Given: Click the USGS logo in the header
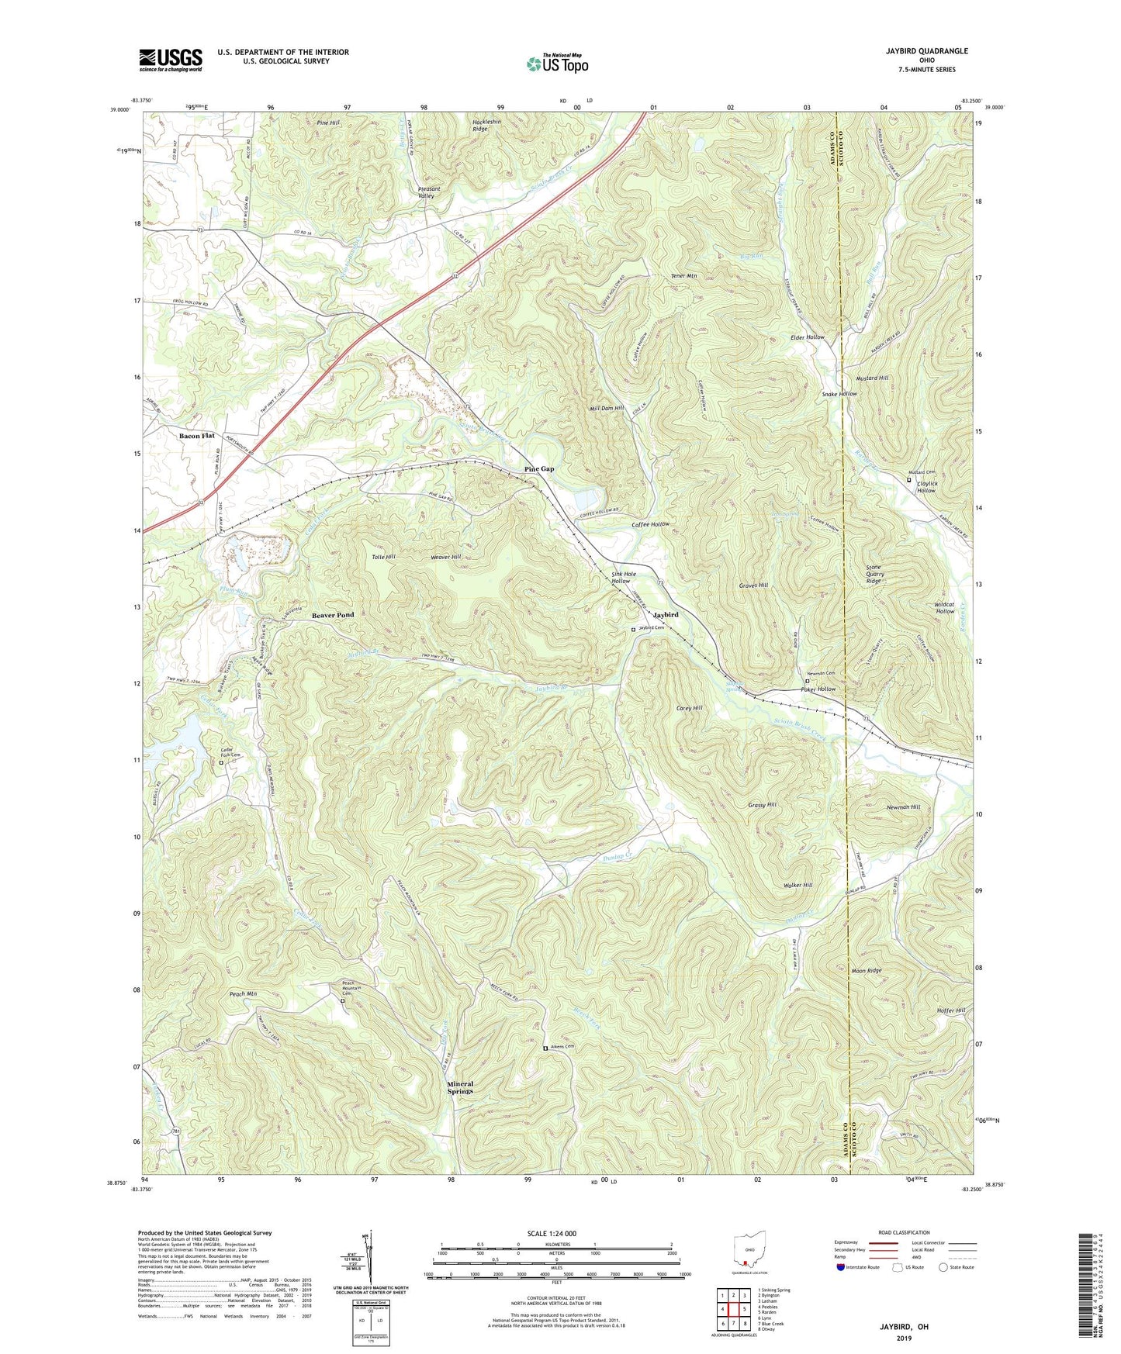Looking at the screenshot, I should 170,59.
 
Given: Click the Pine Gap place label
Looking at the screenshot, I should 538,469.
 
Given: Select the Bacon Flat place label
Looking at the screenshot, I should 196,436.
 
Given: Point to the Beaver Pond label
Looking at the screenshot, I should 333,615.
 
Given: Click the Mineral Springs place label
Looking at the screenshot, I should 460,1087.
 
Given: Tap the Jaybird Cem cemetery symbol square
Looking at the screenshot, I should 633,629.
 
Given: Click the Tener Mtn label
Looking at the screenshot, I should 683,275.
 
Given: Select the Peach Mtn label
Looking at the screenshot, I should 243,993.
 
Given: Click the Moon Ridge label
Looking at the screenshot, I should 867,970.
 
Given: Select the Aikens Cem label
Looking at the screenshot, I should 563,1047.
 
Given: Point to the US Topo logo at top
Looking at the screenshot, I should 556,64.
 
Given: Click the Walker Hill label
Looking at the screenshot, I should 797,885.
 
